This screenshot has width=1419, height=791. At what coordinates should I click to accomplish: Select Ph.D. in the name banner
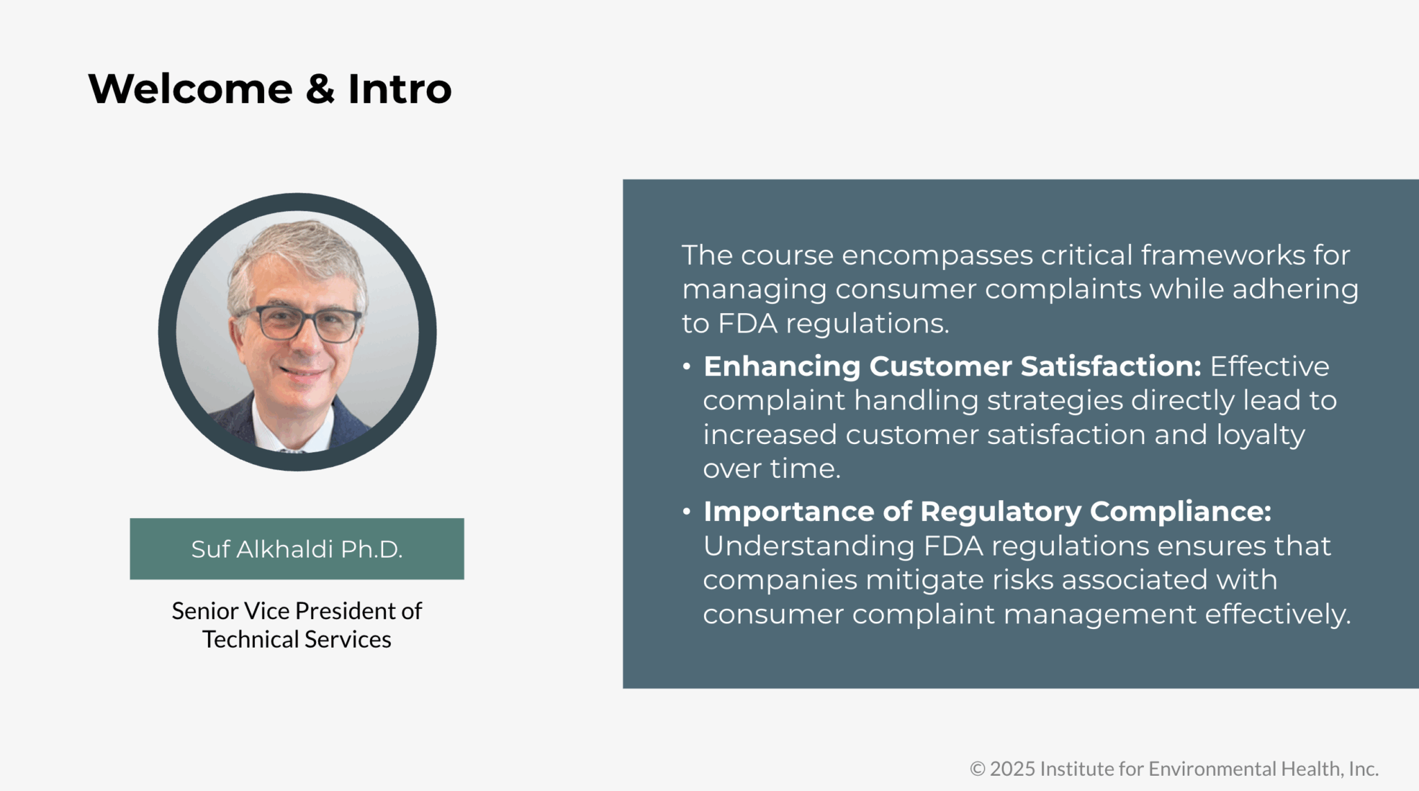tap(371, 549)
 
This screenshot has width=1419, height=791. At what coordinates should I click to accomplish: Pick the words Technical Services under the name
tap(297, 639)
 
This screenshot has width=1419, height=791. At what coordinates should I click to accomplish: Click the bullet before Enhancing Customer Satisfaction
tap(687, 366)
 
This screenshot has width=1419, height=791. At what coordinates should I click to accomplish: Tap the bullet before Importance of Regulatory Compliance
tap(687, 512)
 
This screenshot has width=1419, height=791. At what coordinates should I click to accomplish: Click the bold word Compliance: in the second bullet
tap(1181, 512)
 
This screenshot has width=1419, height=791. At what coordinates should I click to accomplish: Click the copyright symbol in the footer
tap(977, 769)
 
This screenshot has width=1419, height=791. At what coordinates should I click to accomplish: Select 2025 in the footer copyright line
tap(1012, 769)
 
